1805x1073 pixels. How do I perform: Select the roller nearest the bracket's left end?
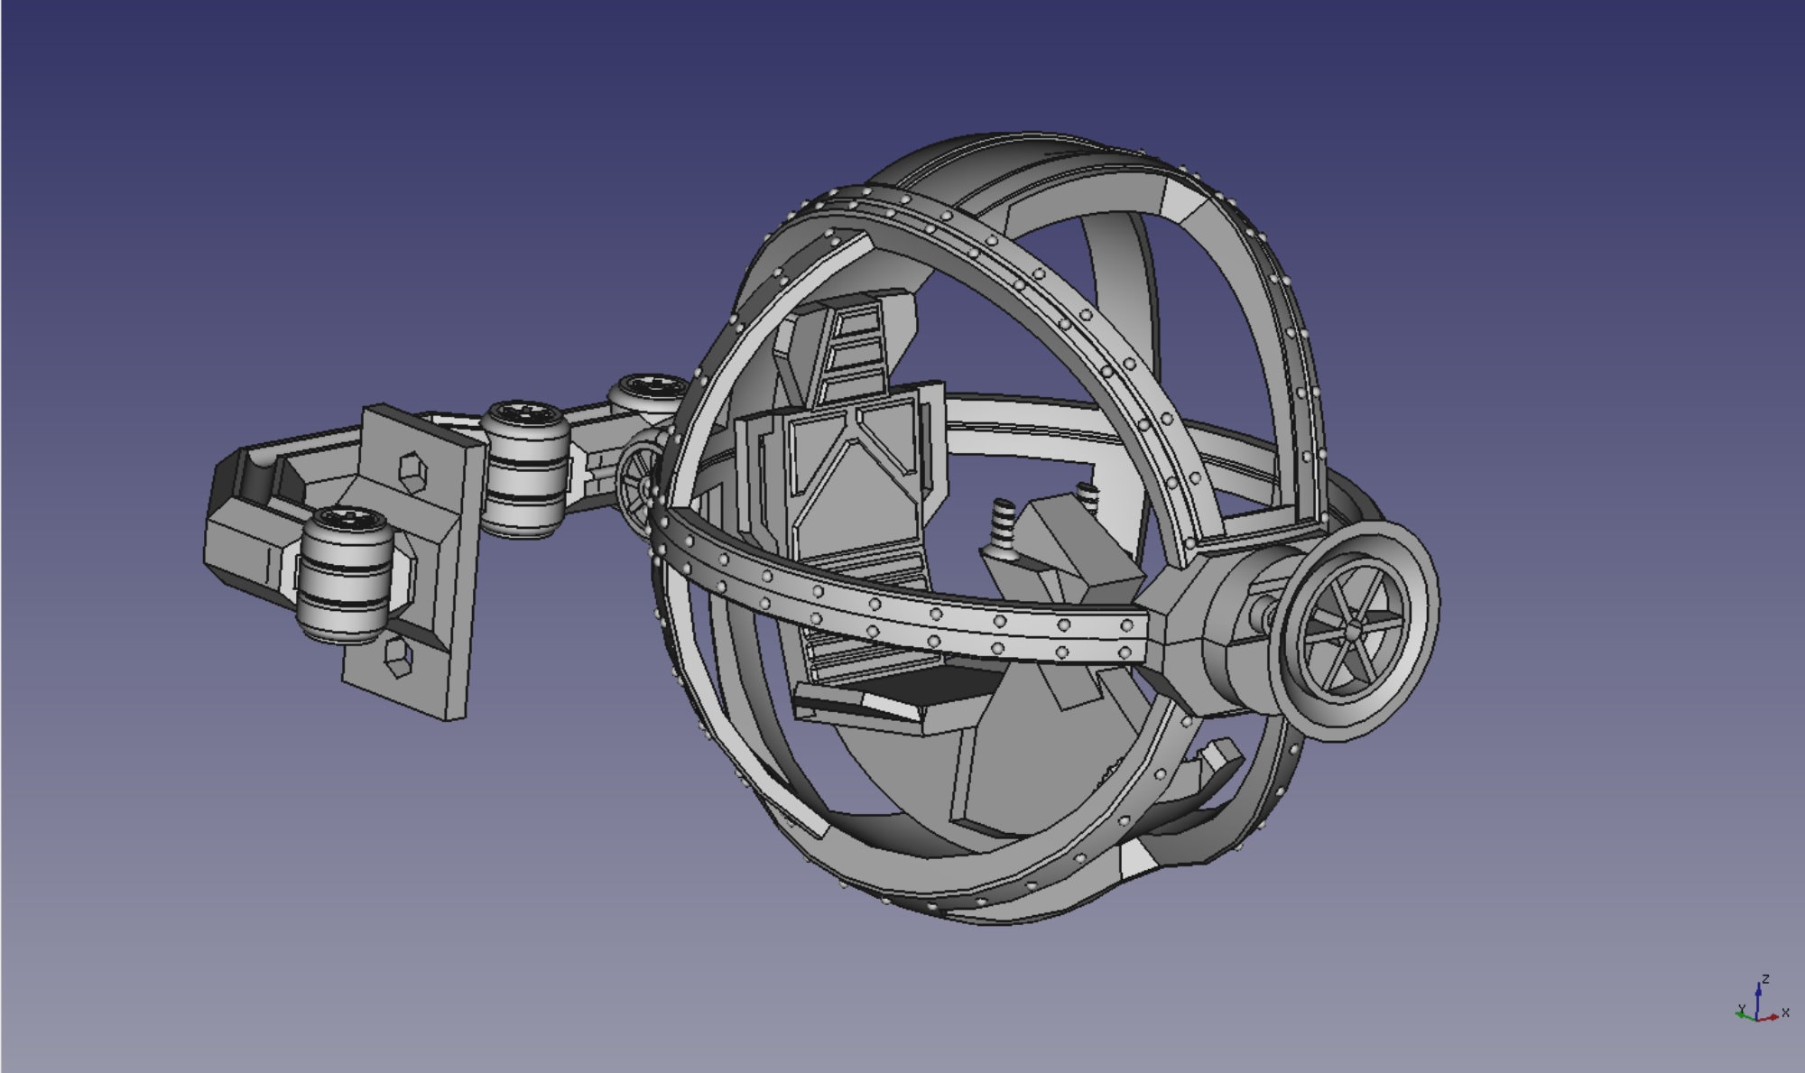pyautogui.click(x=344, y=575)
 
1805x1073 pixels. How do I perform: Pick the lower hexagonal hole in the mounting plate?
pyautogui.click(x=396, y=657)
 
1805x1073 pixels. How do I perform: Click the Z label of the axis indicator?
pyautogui.click(x=1765, y=978)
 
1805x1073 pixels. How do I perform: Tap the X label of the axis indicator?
pyautogui.click(x=1785, y=1014)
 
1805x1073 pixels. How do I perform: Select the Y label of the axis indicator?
pyautogui.click(x=1742, y=1009)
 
